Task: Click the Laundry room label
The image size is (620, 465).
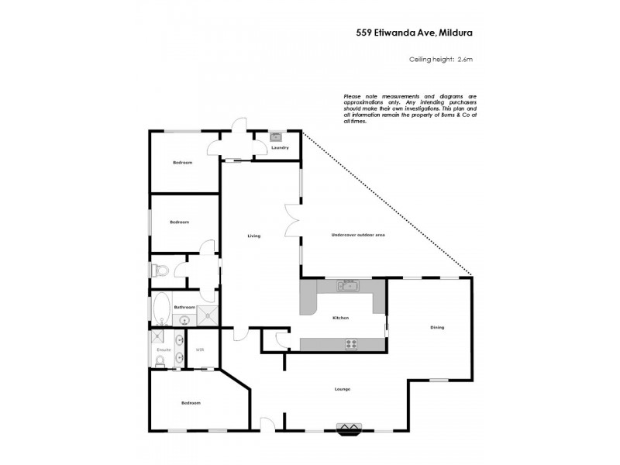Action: click(x=280, y=147)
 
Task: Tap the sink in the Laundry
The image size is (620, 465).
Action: click(x=275, y=137)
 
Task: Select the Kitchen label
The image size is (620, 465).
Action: click(x=341, y=318)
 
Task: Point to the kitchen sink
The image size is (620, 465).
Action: click(x=346, y=286)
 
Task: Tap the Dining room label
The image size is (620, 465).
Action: click(x=437, y=327)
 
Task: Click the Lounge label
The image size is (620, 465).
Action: click(x=343, y=388)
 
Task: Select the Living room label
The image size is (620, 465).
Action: click(x=253, y=236)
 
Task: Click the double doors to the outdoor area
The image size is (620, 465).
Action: click(x=291, y=221)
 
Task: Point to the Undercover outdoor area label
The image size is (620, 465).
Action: click(x=358, y=235)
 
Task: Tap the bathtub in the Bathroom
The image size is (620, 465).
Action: click(x=161, y=308)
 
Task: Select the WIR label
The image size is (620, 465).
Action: click(x=199, y=350)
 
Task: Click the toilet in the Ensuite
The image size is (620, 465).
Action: click(x=160, y=359)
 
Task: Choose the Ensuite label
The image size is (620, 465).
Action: click(x=164, y=350)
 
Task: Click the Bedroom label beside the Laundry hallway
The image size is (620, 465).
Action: click(x=182, y=162)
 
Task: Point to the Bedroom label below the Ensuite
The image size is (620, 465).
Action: click(x=191, y=403)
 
